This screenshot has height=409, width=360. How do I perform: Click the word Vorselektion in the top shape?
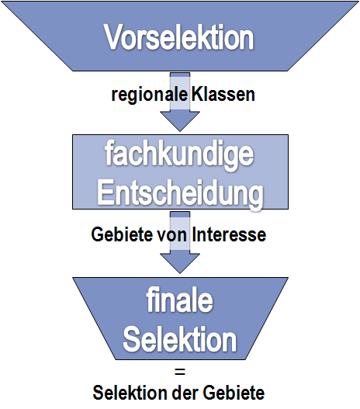(x=178, y=36)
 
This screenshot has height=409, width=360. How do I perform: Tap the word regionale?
(x=150, y=95)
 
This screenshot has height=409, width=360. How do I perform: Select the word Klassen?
(x=223, y=94)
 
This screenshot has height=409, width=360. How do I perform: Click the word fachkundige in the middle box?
(x=179, y=155)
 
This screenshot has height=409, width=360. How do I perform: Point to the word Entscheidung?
(x=181, y=193)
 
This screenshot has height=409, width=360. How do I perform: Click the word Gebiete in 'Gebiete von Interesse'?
(x=122, y=234)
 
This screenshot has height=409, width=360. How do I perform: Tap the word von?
(x=171, y=235)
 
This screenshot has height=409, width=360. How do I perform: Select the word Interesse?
(x=229, y=234)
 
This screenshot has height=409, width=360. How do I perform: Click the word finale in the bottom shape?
(x=179, y=300)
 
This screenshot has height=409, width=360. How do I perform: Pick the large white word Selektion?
(x=179, y=338)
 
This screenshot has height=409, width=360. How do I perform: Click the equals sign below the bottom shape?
(x=180, y=372)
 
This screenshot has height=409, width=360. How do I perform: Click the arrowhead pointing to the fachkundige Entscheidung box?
(x=180, y=121)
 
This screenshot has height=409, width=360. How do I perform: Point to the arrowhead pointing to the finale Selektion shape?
(x=180, y=263)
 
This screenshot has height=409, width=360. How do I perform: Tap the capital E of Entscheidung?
(x=106, y=192)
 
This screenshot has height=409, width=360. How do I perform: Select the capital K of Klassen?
(x=198, y=94)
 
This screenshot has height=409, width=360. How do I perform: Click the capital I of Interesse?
(x=194, y=234)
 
